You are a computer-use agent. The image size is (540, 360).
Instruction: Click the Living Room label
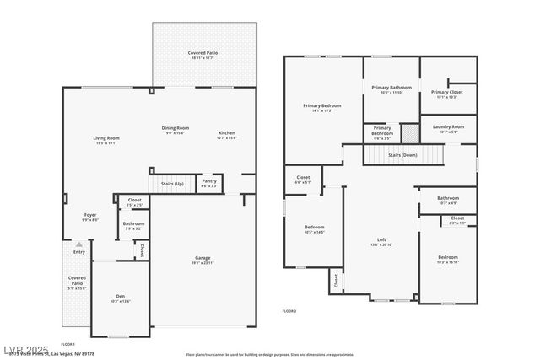click(105, 138)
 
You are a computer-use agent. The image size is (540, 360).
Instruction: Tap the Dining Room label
click(175, 128)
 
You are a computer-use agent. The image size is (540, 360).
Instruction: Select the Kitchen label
click(227, 133)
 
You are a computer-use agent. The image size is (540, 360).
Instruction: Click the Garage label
click(202, 259)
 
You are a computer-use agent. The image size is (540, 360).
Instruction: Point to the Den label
click(120, 297)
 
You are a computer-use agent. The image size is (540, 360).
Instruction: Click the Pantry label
click(208, 181)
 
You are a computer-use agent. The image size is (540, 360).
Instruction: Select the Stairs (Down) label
click(402, 155)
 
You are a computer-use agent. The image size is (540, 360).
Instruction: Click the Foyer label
click(89, 216)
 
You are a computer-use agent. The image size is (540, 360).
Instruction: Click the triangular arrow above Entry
click(79, 244)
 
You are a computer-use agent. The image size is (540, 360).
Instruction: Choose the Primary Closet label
click(447, 92)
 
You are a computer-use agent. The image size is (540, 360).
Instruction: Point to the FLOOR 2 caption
click(289, 311)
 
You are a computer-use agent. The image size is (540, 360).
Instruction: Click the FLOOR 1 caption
click(68, 343)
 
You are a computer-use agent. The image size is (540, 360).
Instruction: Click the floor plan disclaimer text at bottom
click(270, 355)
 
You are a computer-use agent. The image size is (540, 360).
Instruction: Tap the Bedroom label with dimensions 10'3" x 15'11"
click(447, 257)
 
